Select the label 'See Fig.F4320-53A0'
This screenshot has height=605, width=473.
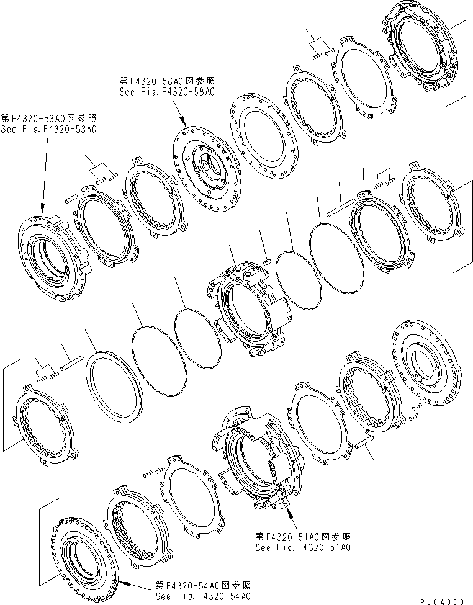pos(48,129)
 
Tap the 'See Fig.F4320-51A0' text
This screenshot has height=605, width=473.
pos(304,548)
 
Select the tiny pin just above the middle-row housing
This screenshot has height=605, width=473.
pos(266,261)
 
